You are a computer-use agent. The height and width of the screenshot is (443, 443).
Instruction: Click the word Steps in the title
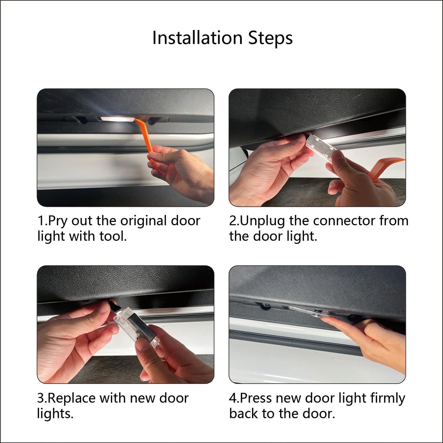271,38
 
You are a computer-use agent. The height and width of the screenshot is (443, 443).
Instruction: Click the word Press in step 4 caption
256,398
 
